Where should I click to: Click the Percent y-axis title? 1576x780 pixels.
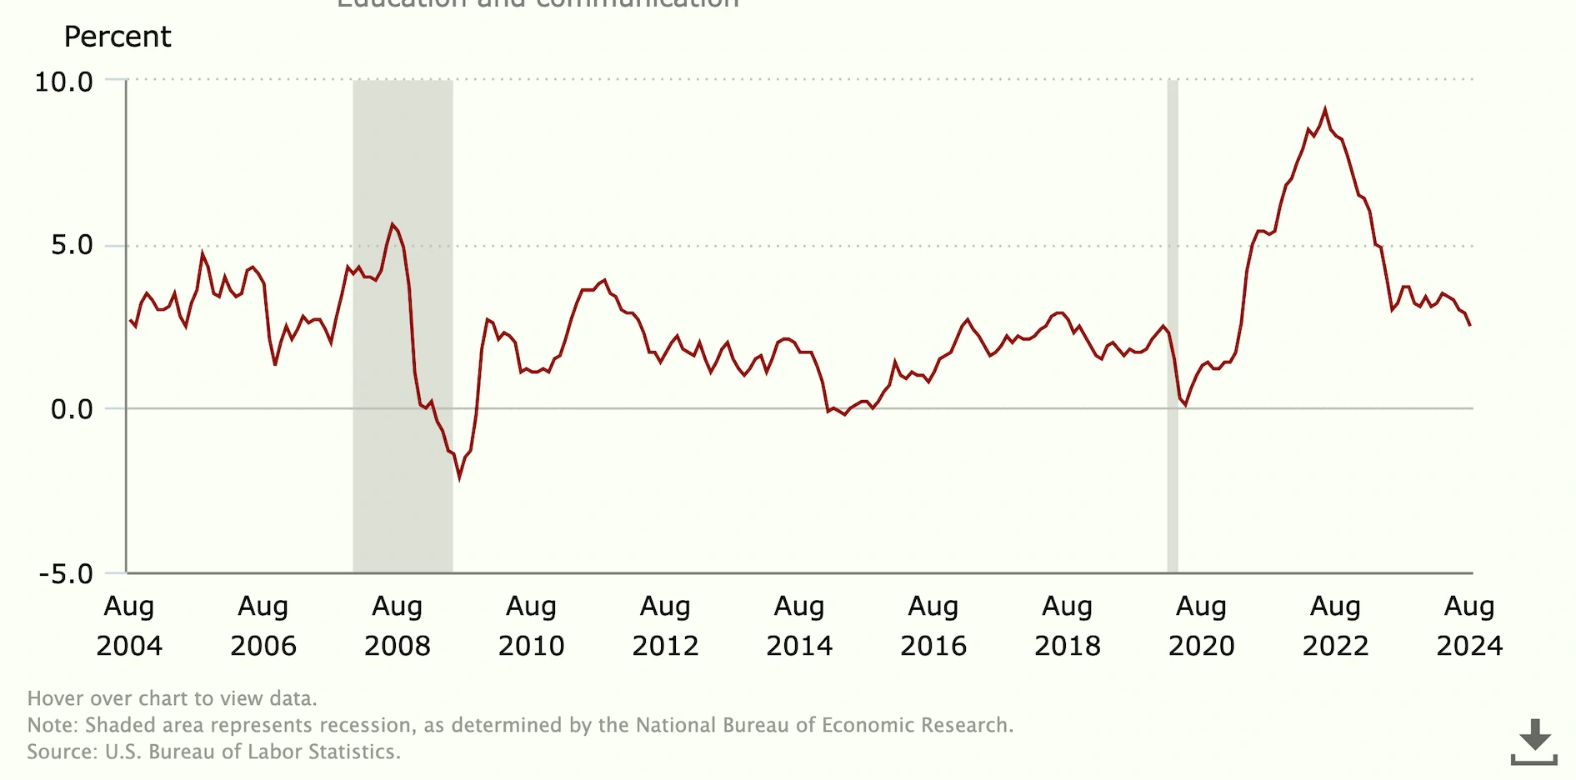pyautogui.click(x=118, y=37)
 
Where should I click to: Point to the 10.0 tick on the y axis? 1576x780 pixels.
pyautogui.click(x=63, y=82)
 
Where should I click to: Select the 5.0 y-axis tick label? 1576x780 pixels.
pyautogui.click(x=72, y=245)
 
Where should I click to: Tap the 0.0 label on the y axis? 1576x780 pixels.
pyautogui.click(x=72, y=409)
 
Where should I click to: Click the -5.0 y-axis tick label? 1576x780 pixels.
pyautogui.click(x=66, y=574)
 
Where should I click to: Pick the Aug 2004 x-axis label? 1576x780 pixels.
pyautogui.click(x=129, y=625)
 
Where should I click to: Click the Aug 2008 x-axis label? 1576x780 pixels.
pyautogui.click(x=397, y=625)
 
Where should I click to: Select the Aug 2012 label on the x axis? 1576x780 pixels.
pyautogui.click(x=665, y=625)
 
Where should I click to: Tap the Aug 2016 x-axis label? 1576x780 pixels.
pyautogui.click(x=933, y=625)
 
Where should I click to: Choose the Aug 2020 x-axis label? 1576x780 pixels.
pyautogui.click(x=1201, y=625)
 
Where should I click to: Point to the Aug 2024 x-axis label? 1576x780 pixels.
pyautogui.click(x=1469, y=625)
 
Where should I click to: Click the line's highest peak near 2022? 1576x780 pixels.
pyautogui.click(x=1325, y=109)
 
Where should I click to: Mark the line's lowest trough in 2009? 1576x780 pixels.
pyautogui.click(x=459, y=478)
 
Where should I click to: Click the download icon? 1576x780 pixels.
pyautogui.click(x=1533, y=742)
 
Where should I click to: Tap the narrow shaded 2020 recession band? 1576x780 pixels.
pyautogui.click(x=1173, y=333)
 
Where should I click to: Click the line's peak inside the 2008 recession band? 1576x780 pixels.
pyautogui.click(x=393, y=224)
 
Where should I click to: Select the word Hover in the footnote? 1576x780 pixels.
pyautogui.click(x=54, y=698)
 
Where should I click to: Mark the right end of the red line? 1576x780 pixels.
pyautogui.click(x=1470, y=325)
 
